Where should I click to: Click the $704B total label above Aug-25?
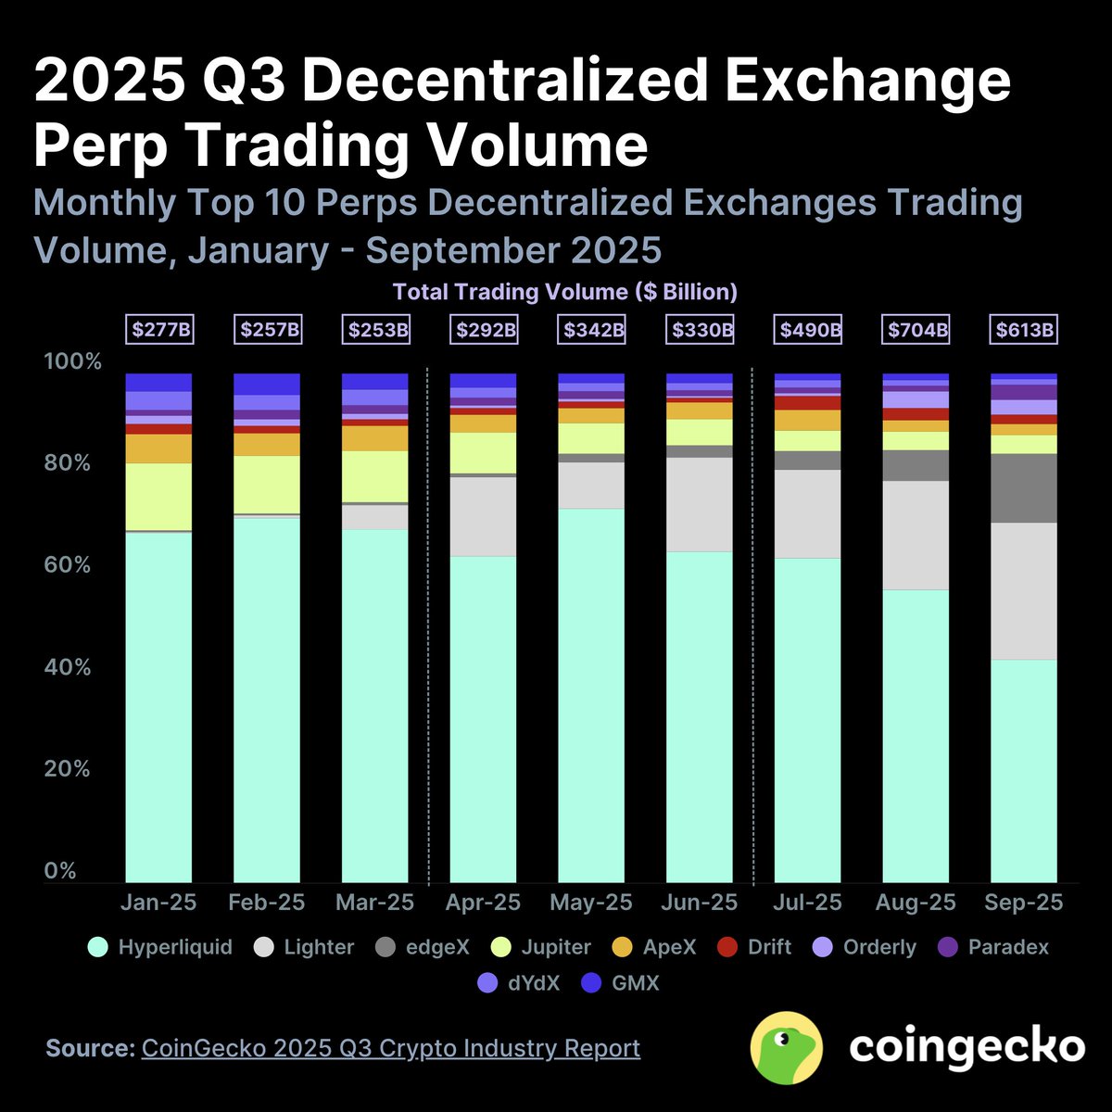[916, 329]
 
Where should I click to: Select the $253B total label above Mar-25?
[376, 329]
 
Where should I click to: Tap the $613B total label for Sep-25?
[1024, 329]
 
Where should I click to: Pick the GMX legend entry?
[621, 982]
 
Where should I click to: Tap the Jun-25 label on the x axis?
[700, 903]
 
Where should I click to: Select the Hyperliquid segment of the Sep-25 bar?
[1024, 769]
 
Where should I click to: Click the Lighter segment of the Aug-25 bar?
[916, 536]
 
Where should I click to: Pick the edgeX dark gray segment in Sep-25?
[1024, 488]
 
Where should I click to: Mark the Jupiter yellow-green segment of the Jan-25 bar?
[158, 497]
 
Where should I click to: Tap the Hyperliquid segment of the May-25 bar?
[591, 695]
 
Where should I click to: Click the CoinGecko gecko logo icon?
[787, 1047]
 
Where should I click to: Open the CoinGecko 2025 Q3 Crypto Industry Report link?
[390, 1048]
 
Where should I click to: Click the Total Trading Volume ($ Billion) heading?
[565, 292]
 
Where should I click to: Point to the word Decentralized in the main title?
[497, 82]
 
